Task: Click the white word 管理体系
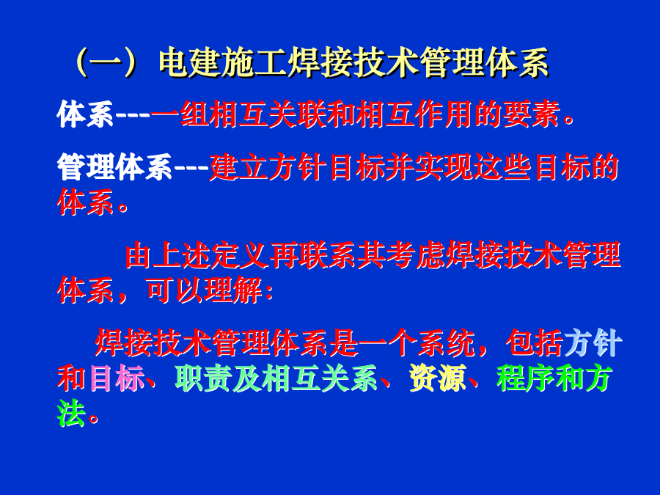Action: [x=115, y=167]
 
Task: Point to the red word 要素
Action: [x=532, y=114]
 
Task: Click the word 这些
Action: [x=503, y=167]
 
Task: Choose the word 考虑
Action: [x=415, y=255]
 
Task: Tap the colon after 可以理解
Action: [x=268, y=291]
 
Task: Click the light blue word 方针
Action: [x=592, y=343]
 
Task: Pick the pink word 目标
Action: [x=115, y=378]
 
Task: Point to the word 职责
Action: [x=203, y=378]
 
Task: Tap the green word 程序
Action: [x=526, y=378]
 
